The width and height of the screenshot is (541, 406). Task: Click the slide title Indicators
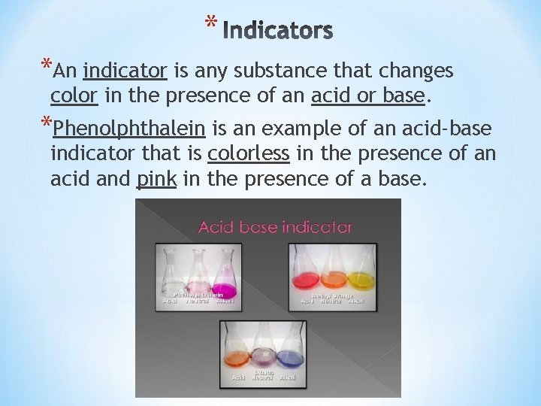(x=277, y=31)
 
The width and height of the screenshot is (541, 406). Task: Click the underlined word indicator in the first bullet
(x=125, y=71)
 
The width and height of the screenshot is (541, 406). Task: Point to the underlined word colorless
(x=248, y=154)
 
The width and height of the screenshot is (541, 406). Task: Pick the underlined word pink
(x=156, y=180)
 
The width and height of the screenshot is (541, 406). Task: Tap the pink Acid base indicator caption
(x=275, y=226)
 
